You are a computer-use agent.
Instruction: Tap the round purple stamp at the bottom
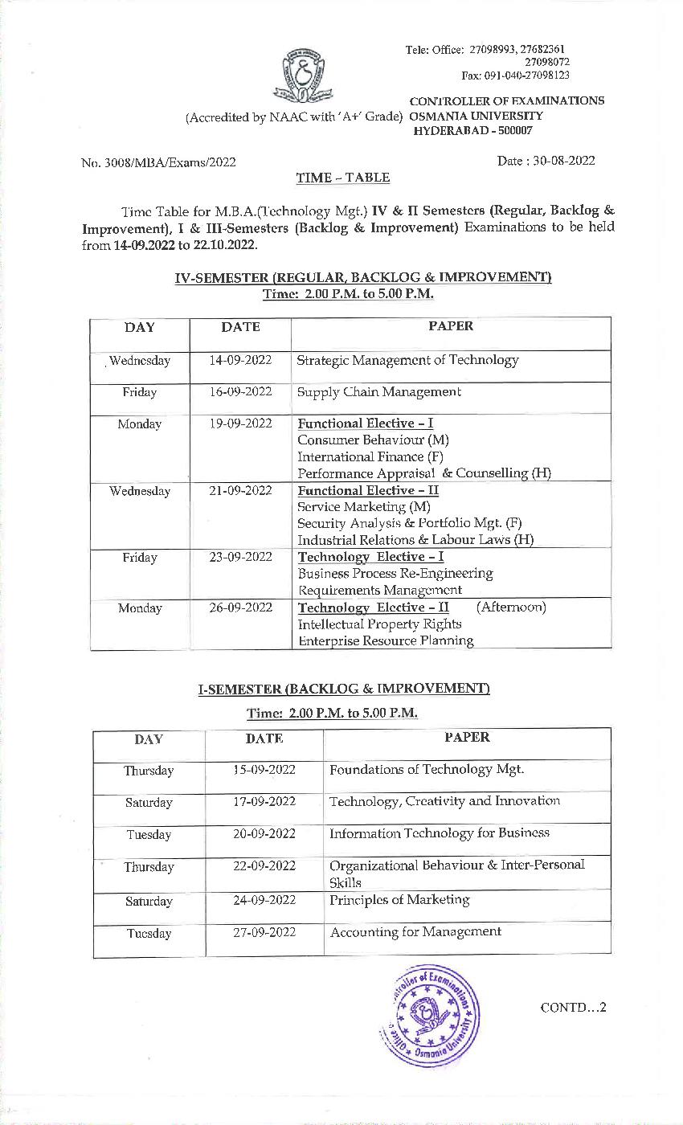pyautogui.click(x=428, y=1015)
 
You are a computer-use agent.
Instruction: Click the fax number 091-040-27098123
pyautogui.click(x=515, y=76)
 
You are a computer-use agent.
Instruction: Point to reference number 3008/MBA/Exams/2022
pyautogui.click(x=159, y=162)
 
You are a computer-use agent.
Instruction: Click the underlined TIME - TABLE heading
pyautogui.click(x=342, y=178)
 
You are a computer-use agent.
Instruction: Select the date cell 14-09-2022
pyautogui.click(x=240, y=361)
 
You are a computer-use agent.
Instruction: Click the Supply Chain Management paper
pyautogui.click(x=378, y=392)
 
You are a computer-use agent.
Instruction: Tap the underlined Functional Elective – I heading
pyautogui.click(x=366, y=423)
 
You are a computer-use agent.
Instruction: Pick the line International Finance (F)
pyautogui.click(x=370, y=456)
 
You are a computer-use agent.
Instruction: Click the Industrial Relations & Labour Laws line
pyautogui.click(x=415, y=540)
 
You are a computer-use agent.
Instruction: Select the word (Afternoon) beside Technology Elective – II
pyautogui.click(x=510, y=607)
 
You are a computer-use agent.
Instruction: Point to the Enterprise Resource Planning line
pyautogui.click(x=385, y=640)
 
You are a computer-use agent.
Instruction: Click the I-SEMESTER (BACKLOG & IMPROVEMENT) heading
pyautogui.click(x=344, y=689)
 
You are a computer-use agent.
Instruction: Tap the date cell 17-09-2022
pyautogui.click(x=264, y=802)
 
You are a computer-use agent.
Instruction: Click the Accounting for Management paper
pyautogui.click(x=415, y=932)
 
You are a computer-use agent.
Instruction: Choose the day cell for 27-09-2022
pyautogui.click(x=149, y=934)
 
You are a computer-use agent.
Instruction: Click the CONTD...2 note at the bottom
pyautogui.click(x=573, y=1008)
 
